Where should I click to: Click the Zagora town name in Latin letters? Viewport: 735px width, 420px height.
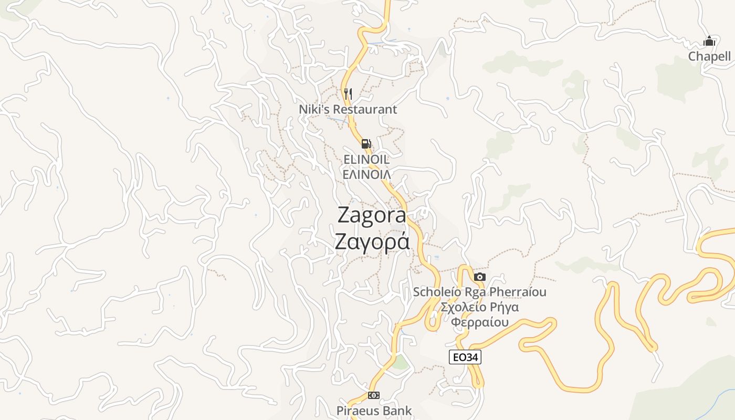tap(372, 215)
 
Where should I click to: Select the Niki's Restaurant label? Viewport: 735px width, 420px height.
tap(348, 109)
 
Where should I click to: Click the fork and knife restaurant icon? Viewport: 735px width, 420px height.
tap(348, 94)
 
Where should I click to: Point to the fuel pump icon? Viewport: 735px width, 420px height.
tap(366, 143)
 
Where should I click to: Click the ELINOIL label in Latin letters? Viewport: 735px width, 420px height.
tap(366, 159)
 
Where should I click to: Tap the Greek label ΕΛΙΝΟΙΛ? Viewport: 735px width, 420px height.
tap(366, 174)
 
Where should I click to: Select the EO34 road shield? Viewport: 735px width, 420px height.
tap(465, 358)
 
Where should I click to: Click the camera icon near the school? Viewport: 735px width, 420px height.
tap(479, 277)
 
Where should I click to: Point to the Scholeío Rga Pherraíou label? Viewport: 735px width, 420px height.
tap(479, 292)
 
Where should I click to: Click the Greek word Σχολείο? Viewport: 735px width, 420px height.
tap(463, 307)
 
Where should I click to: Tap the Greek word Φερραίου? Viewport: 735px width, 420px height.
tap(480, 322)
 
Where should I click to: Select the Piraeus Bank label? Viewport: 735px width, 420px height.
tap(374, 411)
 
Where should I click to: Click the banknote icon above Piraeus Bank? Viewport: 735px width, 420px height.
tap(373, 395)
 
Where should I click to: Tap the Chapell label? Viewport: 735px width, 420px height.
tap(709, 57)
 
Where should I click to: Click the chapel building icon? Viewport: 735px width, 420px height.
tap(709, 41)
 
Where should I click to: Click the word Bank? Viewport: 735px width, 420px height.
tap(397, 411)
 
